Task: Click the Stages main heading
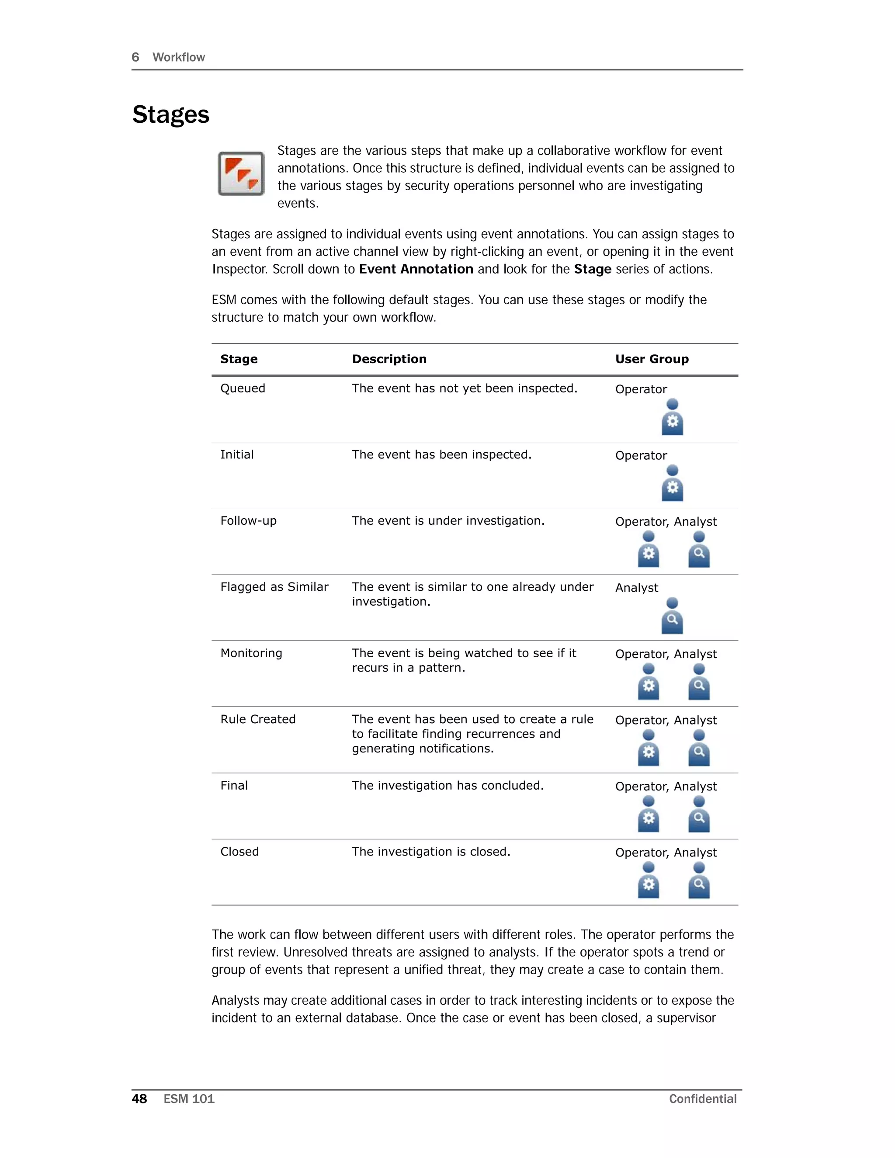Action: tap(171, 114)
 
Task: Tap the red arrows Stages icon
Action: tap(241, 174)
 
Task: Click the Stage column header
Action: tap(239, 359)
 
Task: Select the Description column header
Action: tap(389, 359)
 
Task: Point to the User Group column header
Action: tap(652, 359)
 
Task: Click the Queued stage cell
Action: tap(243, 388)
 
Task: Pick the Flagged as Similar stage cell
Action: tap(274, 587)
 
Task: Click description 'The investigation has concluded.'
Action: tap(447, 785)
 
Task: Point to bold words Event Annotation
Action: tap(416, 269)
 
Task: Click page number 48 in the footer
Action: tap(139, 1099)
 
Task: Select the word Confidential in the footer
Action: tap(703, 1099)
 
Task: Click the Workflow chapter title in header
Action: tap(179, 57)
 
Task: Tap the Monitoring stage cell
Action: tap(251, 653)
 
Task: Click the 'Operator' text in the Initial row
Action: tap(641, 455)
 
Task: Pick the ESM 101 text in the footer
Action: tap(189, 1099)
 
